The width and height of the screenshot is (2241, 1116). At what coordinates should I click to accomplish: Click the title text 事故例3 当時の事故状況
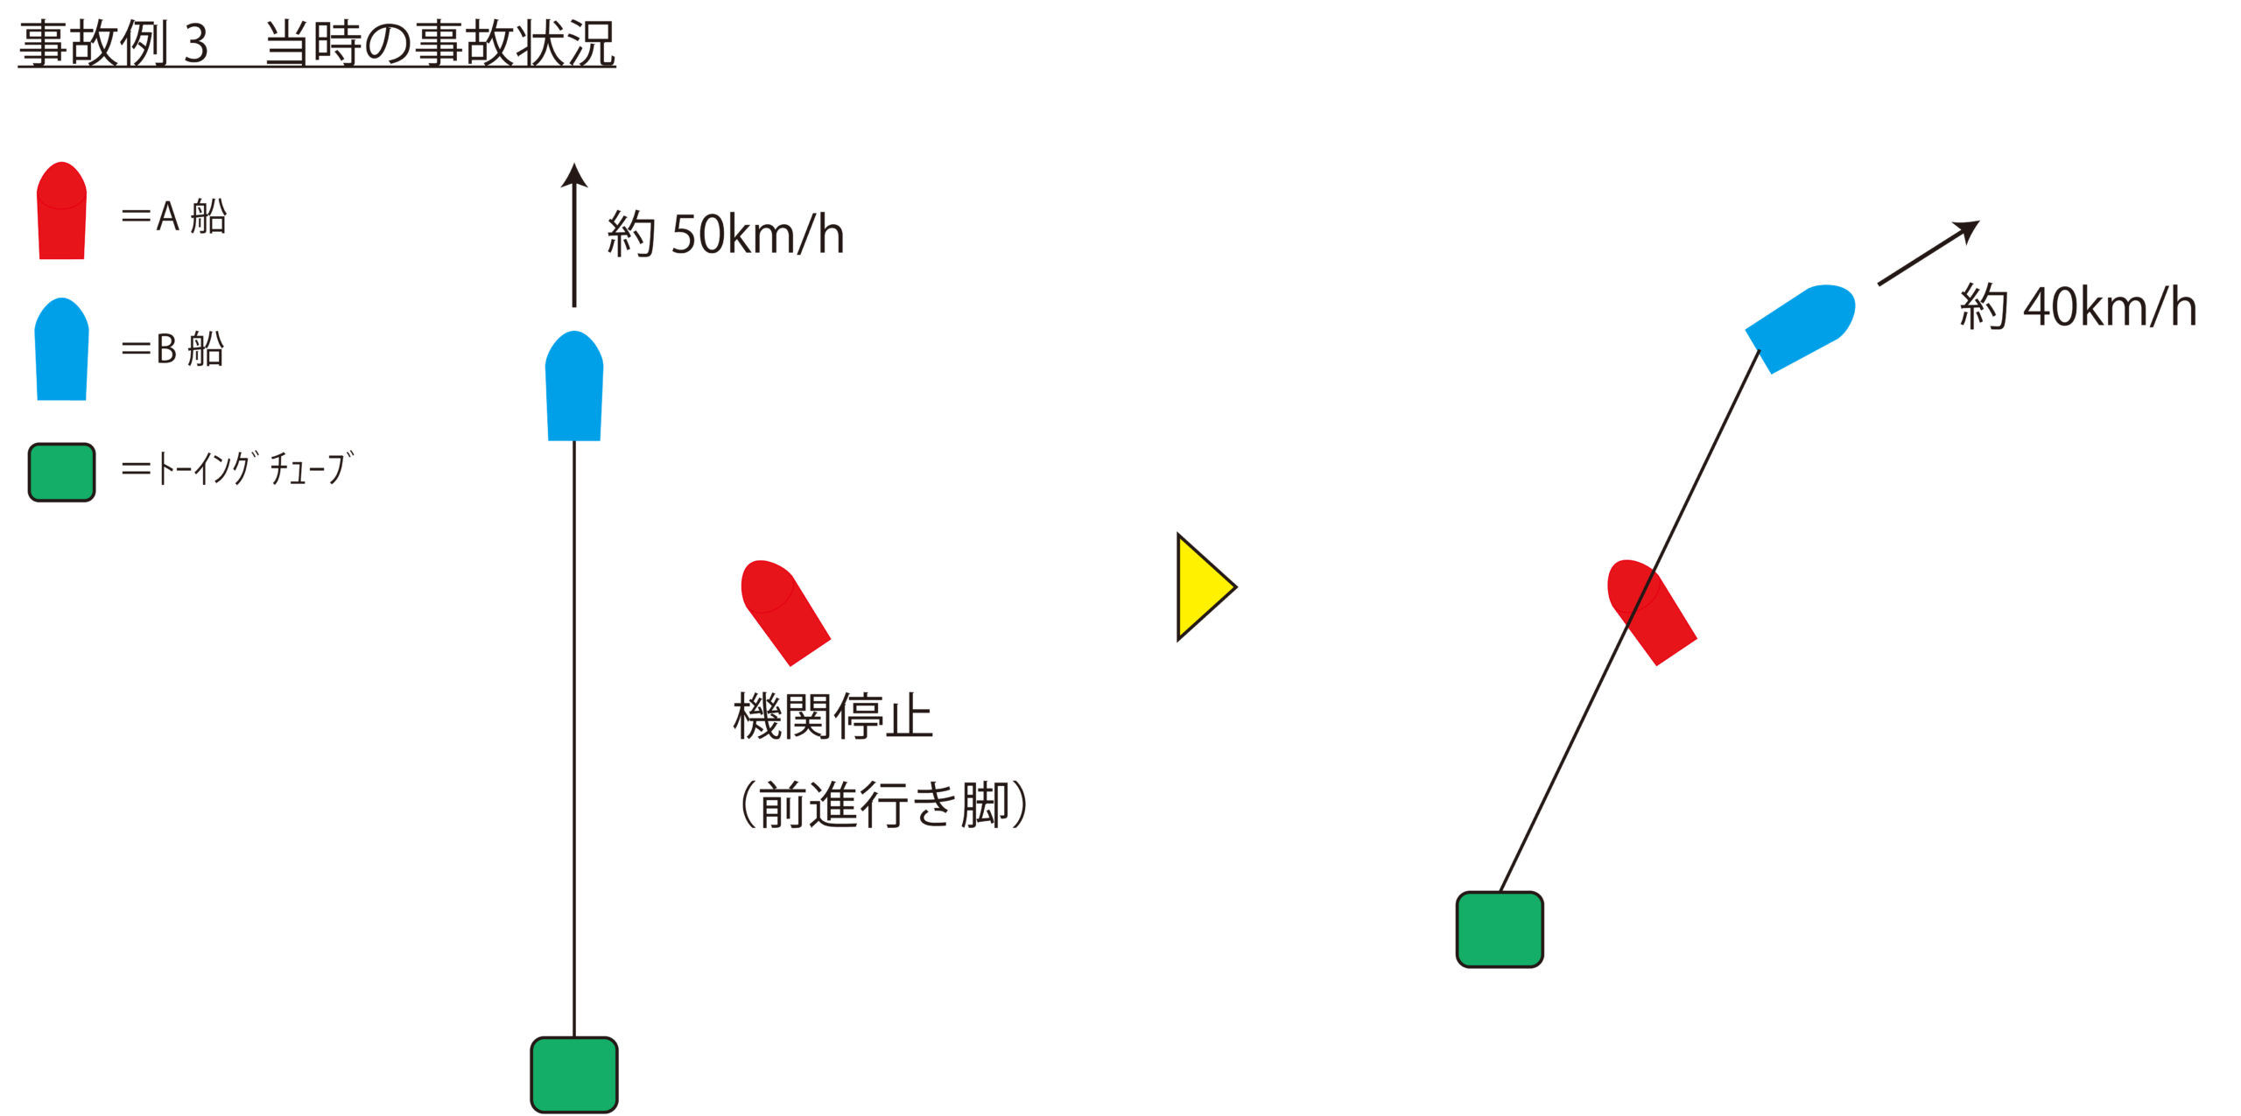coord(317,44)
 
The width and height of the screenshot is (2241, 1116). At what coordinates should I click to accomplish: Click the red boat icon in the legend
coord(61,212)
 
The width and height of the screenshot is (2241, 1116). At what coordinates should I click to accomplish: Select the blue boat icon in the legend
coord(61,350)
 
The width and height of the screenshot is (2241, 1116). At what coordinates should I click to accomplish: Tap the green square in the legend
coord(61,473)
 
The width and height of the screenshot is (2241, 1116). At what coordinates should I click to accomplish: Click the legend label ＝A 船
coord(173,216)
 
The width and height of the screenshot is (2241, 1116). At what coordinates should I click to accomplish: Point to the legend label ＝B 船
coord(172,349)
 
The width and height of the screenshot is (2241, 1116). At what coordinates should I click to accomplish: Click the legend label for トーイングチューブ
coord(237,469)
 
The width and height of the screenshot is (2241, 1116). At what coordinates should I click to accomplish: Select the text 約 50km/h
coord(726,235)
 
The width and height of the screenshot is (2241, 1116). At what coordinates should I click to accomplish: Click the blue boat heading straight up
coord(574,387)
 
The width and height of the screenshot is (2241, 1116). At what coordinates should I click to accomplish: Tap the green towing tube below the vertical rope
coord(574,1075)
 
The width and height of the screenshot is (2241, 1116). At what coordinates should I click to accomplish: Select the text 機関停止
coord(832,717)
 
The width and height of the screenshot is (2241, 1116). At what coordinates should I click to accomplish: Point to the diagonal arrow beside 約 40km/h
coord(1928,253)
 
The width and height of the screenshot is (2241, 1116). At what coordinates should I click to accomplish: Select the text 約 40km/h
coord(2078,307)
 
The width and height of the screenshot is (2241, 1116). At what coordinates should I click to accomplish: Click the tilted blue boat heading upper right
coord(1802,328)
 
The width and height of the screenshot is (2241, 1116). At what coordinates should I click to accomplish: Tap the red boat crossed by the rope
coord(1651,611)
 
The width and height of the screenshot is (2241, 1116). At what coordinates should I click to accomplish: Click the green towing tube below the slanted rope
coord(1500,930)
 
